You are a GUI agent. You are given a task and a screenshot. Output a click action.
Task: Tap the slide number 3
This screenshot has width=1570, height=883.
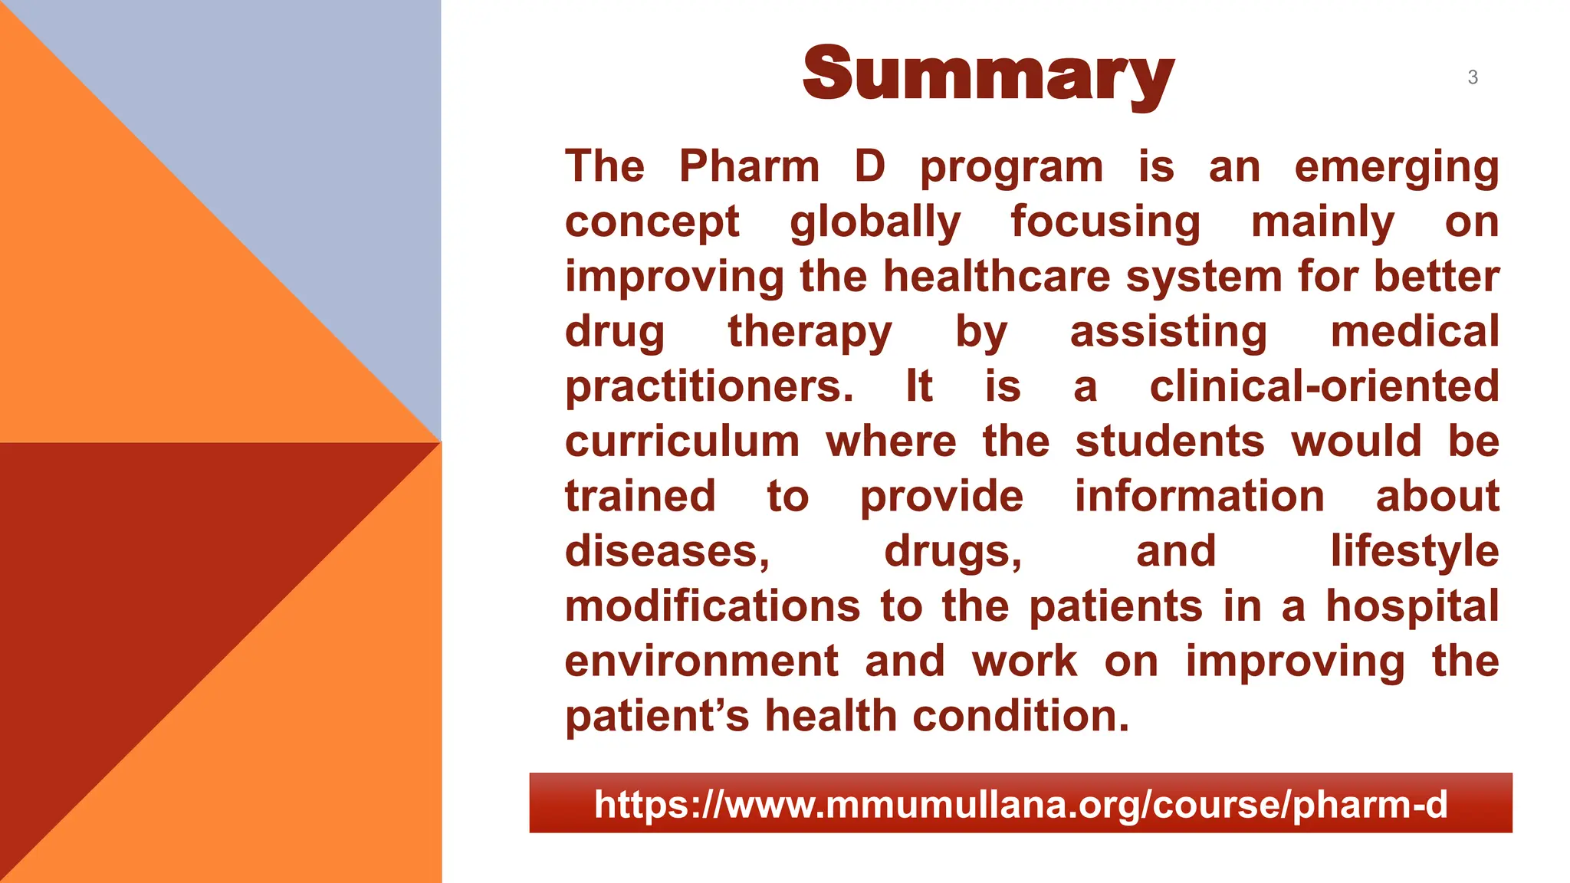1473,77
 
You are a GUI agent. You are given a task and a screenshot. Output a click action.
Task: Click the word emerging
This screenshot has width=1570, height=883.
1396,168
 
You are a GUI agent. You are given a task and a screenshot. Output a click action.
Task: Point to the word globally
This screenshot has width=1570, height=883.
875,223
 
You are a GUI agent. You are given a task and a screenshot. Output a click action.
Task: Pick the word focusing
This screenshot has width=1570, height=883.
1105,223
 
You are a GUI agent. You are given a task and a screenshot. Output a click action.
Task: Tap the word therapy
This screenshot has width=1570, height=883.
810,333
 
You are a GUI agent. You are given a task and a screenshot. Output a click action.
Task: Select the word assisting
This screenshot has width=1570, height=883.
1168,333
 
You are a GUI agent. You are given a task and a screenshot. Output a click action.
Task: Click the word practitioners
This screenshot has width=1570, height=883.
709,387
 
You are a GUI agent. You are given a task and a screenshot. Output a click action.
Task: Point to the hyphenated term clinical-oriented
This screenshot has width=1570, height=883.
1324,386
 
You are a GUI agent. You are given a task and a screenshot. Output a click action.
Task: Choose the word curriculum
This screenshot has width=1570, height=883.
682,441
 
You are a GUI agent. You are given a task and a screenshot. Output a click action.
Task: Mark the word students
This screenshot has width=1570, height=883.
1170,441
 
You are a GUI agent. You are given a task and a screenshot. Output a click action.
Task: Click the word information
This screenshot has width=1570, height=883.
1199,496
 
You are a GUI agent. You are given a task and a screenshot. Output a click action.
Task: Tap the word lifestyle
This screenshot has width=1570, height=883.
1414,552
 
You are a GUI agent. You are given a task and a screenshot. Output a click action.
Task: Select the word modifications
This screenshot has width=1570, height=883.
713,606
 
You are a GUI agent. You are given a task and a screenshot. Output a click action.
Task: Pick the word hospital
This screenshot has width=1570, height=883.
1412,607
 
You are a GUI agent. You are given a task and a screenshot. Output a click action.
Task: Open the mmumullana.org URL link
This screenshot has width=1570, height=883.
1020,804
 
